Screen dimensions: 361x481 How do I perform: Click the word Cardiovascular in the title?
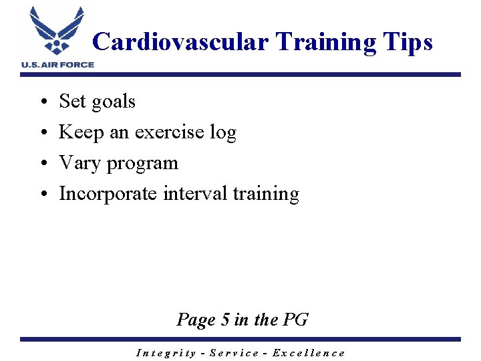click(180, 42)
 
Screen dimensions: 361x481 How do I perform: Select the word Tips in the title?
click(408, 42)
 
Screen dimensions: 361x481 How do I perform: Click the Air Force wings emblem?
click(57, 31)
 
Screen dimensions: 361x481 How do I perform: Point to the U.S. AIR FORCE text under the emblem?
click(57, 64)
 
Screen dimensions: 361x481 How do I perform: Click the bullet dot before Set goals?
click(42, 102)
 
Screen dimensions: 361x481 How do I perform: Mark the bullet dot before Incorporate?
click(42, 195)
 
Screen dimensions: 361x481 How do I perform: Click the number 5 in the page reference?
click(225, 320)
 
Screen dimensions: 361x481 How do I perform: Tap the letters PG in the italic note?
click(296, 320)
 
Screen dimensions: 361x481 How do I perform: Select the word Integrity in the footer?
click(166, 353)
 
